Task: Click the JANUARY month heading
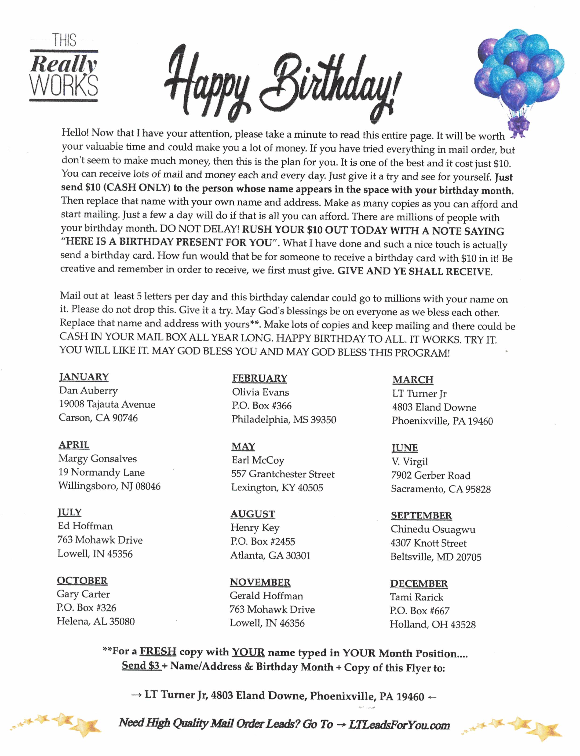tap(84, 377)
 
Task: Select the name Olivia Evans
tap(260, 392)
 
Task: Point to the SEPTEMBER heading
tap(421, 516)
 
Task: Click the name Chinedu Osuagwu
tap(433, 529)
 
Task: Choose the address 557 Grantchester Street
tap(283, 474)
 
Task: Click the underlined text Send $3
tap(141, 666)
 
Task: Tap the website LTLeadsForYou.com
tap(399, 725)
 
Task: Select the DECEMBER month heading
tap(419, 584)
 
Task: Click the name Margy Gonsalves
tap(98, 459)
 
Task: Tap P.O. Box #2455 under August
tap(263, 542)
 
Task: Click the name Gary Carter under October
tap(83, 594)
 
